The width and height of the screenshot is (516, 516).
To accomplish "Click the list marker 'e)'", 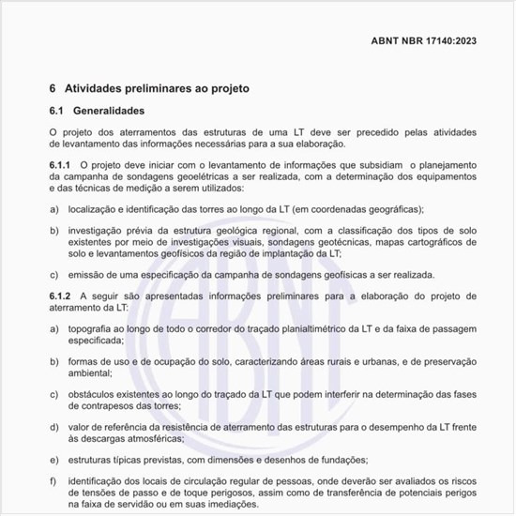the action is (x=53, y=461).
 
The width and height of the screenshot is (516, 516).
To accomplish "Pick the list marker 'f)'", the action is (x=53, y=481).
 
